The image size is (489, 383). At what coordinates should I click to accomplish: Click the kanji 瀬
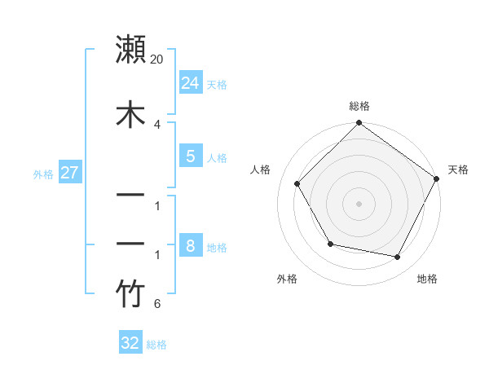click(131, 50)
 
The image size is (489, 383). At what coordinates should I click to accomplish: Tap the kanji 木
click(131, 115)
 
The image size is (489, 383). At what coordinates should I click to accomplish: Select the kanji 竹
click(131, 294)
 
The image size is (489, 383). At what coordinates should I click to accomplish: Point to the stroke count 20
click(157, 59)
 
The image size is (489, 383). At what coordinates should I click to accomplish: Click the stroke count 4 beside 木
click(157, 124)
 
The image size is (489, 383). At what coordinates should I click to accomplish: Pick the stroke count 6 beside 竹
click(157, 305)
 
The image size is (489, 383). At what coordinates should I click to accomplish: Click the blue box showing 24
click(190, 82)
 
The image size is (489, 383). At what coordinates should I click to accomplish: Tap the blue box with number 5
click(190, 156)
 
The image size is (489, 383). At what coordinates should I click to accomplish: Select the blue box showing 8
click(190, 245)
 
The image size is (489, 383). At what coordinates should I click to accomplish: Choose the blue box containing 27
click(69, 173)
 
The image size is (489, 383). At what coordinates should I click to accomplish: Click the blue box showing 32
click(130, 343)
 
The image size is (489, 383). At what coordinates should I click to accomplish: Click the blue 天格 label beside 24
click(217, 85)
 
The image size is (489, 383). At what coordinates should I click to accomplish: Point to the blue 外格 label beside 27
click(43, 174)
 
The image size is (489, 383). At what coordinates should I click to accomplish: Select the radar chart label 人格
click(261, 169)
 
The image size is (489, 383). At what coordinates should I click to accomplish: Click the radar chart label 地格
click(427, 279)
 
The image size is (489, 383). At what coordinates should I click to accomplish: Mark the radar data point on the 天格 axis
click(437, 178)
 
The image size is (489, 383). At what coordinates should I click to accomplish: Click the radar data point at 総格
click(359, 124)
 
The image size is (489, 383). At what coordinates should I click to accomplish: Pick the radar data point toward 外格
click(330, 244)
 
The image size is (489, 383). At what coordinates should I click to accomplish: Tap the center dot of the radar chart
click(359, 203)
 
